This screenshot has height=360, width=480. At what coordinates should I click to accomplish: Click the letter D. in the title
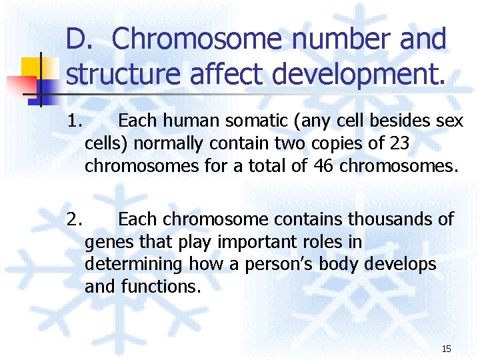click(x=81, y=40)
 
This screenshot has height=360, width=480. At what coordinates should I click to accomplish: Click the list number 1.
click(x=74, y=121)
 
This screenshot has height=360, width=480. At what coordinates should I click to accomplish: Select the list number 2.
click(x=75, y=219)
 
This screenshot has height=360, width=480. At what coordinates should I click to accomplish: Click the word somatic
click(x=253, y=121)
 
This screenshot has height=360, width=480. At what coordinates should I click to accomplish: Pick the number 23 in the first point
click(x=415, y=143)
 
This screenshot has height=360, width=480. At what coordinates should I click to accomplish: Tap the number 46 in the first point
click(x=323, y=166)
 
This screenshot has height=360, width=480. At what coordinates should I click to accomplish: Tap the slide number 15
click(x=446, y=349)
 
